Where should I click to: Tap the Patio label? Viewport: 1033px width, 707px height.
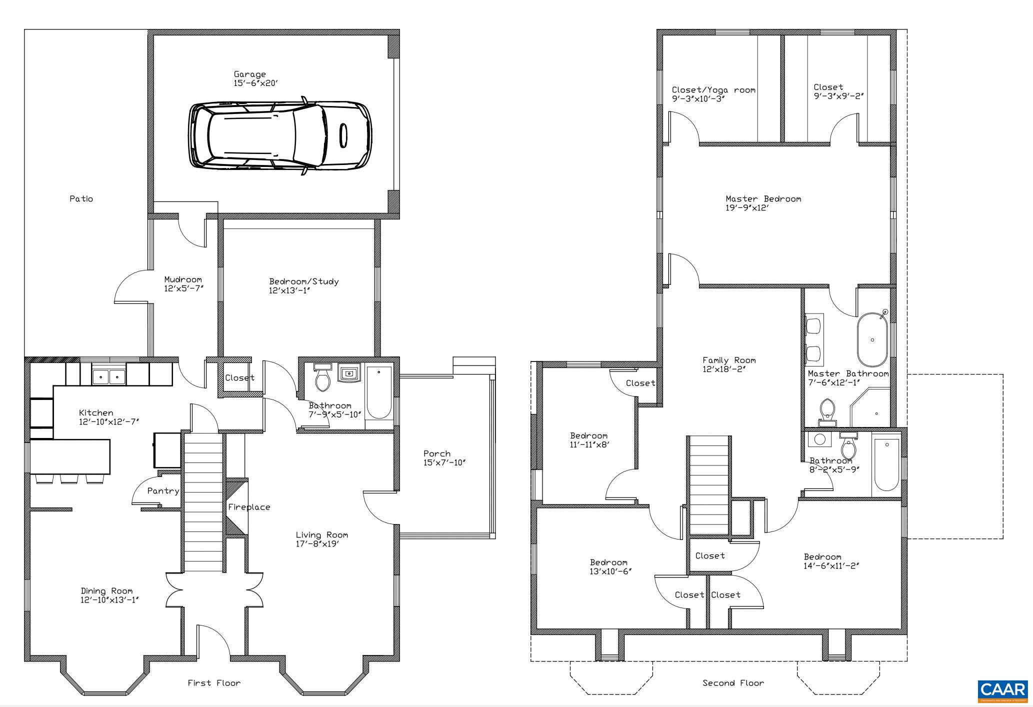click(x=81, y=199)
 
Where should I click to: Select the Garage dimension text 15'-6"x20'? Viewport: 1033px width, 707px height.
click(x=255, y=83)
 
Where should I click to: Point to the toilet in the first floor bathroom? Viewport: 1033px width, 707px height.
click(x=322, y=377)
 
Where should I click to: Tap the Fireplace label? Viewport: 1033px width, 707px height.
click(x=249, y=507)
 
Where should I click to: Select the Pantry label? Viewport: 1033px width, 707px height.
click(x=163, y=491)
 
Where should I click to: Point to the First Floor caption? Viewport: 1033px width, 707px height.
click(x=214, y=683)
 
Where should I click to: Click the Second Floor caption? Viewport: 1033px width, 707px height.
click(x=733, y=683)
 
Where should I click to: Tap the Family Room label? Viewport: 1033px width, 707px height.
click(x=729, y=360)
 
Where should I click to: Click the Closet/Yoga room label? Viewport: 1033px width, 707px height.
click(x=713, y=90)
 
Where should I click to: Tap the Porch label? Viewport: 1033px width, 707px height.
click(x=437, y=454)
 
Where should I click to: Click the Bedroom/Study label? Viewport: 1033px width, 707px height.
click(x=304, y=281)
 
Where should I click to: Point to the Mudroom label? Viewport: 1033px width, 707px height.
click(x=183, y=279)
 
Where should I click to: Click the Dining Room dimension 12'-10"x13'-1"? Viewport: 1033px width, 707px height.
click(x=109, y=600)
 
